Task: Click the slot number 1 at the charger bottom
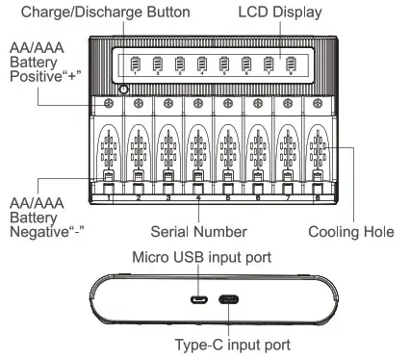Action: tap(109, 197)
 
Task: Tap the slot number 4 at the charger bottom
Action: tap(197, 197)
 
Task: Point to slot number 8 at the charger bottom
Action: tap(316, 197)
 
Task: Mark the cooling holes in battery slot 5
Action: tap(227, 151)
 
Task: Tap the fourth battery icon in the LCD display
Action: tap(202, 66)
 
